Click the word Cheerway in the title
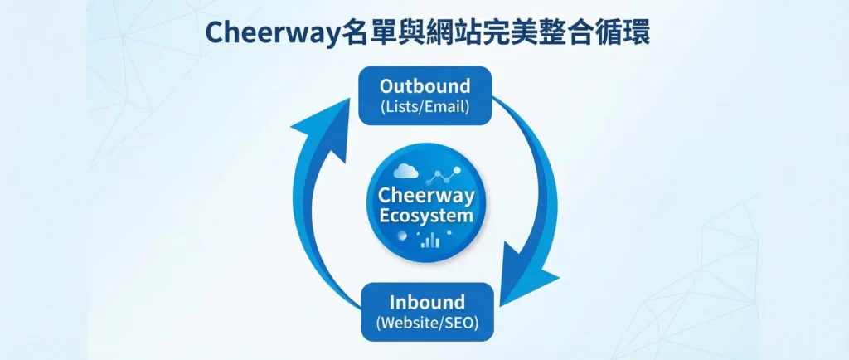point(273,32)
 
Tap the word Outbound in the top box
point(424,86)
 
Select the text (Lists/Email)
point(424,106)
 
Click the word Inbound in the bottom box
point(427,302)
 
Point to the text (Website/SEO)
point(427,324)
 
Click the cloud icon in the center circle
point(405,172)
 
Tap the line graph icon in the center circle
point(444,175)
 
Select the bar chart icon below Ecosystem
point(430,241)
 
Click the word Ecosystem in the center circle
point(426,216)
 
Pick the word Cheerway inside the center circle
point(426,196)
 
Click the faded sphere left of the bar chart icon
point(402,236)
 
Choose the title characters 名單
point(369,32)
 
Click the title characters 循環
point(623,32)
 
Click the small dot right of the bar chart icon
point(449,232)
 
